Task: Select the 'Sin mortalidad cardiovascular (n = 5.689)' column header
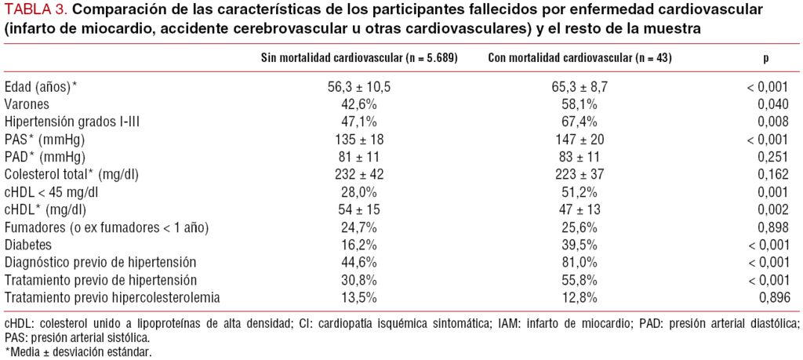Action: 359,59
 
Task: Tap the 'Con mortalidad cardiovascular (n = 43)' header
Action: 580,59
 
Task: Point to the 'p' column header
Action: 766,59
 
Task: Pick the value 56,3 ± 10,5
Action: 359,86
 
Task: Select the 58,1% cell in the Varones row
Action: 580,104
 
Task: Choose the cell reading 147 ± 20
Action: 580,139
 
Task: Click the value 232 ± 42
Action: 359,174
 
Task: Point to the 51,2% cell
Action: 580,191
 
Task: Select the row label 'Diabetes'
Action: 27,244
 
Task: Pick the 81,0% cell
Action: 580,262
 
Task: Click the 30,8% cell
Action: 359,279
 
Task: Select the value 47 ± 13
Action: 580,209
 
